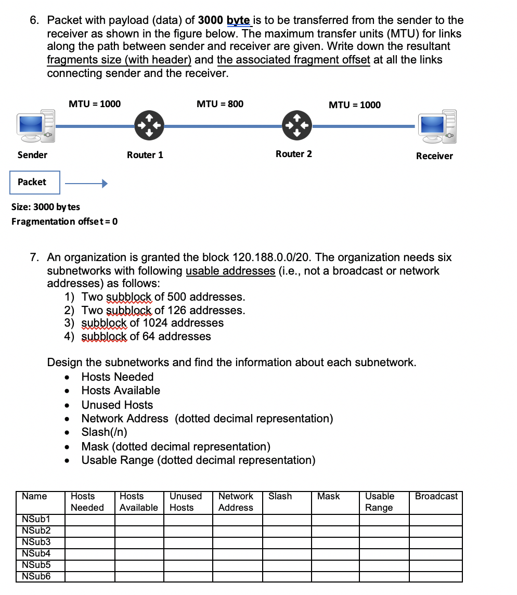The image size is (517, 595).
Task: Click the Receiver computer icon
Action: pos(438,126)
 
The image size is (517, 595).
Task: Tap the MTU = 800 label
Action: pos(219,104)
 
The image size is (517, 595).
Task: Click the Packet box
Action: pos(35,182)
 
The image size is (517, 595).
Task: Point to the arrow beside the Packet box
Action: pos(86,183)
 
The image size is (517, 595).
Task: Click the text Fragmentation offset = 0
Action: pos(64,221)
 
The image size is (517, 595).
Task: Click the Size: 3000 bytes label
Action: pos(46,207)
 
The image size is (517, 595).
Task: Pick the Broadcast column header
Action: pos(436,496)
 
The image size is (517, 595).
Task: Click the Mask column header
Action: pos(328,496)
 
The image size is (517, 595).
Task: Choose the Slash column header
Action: pos(280,496)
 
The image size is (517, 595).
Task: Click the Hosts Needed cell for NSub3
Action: pos(89,542)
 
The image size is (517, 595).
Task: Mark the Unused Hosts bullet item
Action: pos(117,405)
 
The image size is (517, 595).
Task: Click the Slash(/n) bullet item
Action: pos(104,432)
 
